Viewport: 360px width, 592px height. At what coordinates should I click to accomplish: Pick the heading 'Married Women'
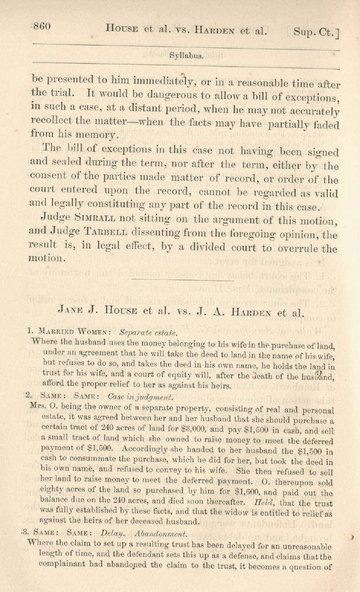pyautogui.click(x=71, y=331)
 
